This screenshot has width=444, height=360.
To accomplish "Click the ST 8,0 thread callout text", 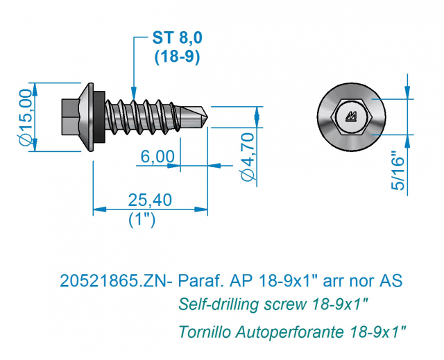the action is [178, 37].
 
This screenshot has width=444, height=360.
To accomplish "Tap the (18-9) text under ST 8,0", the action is [178, 57].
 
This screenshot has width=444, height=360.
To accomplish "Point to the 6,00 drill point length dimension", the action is [157, 157].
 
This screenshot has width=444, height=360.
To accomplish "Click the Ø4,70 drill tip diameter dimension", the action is [248, 157].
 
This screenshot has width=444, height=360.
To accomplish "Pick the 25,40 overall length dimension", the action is [150, 200].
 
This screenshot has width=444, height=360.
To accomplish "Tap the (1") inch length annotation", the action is [142, 220].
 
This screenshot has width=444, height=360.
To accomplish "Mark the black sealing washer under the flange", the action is [99, 117].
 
